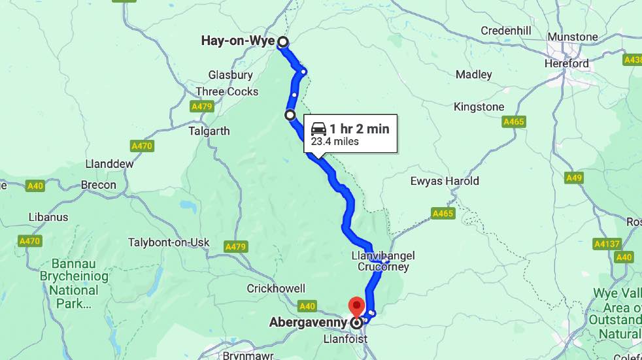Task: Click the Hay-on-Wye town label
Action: click(x=238, y=42)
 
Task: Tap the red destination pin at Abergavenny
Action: click(x=356, y=305)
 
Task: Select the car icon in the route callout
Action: click(x=318, y=129)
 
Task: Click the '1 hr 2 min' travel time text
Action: click(x=359, y=129)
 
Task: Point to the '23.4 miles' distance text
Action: click(x=335, y=141)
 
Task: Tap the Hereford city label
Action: click(x=567, y=64)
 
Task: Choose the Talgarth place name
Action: click(x=209, y=131)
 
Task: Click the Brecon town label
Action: click(x=98, y=185)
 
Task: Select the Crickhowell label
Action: click(x=276, y=288)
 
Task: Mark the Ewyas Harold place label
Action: click(x=445, y=181)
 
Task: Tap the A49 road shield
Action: click(x=574, y=178)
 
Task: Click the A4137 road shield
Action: click(x=606, y=244)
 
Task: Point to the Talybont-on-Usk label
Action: click(x=169, y=242)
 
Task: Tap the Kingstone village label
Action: click(x=479, y=106)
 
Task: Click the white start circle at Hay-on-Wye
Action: click(x=282, y=42)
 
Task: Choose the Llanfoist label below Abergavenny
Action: click(x=346, y=339)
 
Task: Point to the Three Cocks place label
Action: click(x=227, y=91)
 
